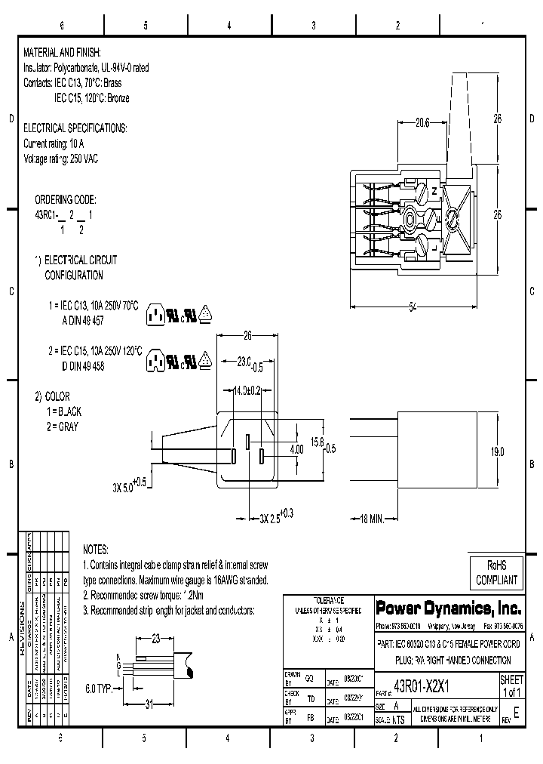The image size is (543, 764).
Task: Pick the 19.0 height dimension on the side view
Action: click(518, 451)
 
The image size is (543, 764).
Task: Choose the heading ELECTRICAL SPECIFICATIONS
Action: click(75, 128)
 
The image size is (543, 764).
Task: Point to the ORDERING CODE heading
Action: click(66, 200)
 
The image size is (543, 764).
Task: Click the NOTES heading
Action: click(96, 550)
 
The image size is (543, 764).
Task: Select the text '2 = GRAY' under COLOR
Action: click(62, 427)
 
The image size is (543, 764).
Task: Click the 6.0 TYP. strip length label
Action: click(100, 689)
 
